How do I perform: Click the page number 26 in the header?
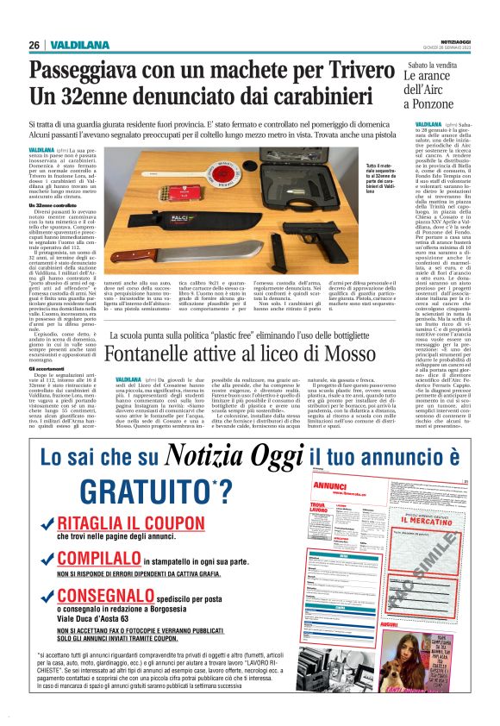[x=34, y=45]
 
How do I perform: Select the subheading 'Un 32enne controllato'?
[x=52, y=204]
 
